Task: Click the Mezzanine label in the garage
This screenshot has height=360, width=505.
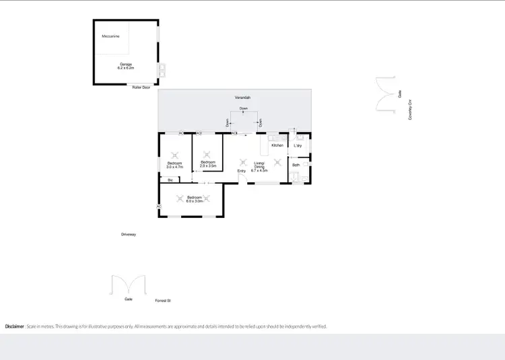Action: (110, 36)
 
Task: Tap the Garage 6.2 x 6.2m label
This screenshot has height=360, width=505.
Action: (126, 66)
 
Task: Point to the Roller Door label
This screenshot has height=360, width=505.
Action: (141, 87)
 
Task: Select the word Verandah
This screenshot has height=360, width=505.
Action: (243, 98)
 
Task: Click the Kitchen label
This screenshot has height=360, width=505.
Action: (277, 145)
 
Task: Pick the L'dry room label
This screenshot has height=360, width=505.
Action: (298, 145)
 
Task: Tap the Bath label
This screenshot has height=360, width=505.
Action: (296, 165)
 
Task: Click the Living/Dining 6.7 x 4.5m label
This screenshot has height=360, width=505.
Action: (259, 166)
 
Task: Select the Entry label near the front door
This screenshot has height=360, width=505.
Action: (241, 171)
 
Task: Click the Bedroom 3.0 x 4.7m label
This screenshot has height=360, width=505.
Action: (174, 164)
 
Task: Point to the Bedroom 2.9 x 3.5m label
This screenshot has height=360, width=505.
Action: (207, 164)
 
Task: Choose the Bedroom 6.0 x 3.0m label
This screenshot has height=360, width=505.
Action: (194, 199)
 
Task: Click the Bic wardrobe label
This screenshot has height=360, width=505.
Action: (170, 180)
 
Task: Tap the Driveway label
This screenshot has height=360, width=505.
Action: (129, 234)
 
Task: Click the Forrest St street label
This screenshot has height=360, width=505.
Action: (163, 300)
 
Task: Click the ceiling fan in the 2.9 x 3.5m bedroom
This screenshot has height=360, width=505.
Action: (207, 152)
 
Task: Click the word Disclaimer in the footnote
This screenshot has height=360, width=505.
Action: (15, 326)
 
